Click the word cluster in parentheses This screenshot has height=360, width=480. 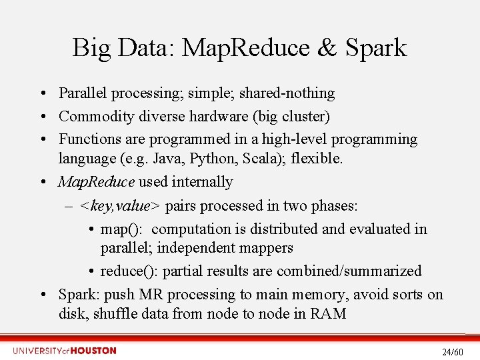tap(302, 117)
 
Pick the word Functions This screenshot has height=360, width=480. tap(87, 139)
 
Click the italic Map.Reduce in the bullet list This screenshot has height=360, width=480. tap(96, 182)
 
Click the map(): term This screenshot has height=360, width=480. tap(121, 229)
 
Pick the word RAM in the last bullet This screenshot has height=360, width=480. tap(328, 313)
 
